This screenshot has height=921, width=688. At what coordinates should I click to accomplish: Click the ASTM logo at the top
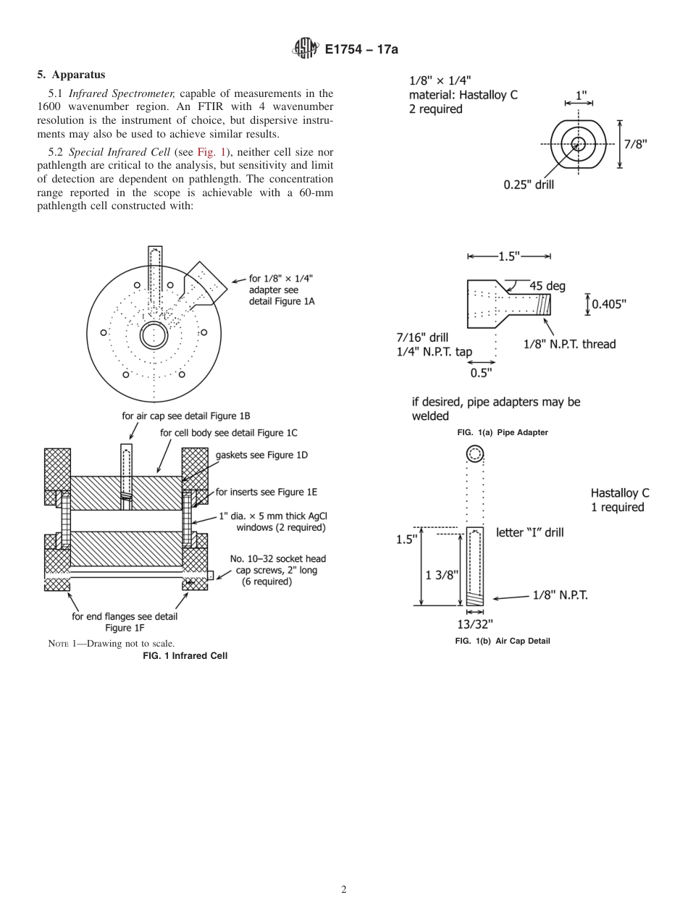(304, 49)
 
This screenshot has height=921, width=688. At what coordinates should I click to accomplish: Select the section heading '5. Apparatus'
(71, 75)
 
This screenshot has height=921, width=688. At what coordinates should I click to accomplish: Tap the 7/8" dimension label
(635, 143)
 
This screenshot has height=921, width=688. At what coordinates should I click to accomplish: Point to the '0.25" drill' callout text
(529, 185)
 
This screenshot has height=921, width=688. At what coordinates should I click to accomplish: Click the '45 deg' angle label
(547, 286)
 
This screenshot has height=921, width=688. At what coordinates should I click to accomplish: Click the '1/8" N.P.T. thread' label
(569, 344)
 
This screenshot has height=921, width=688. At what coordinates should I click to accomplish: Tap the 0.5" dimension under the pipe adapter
(481, 373)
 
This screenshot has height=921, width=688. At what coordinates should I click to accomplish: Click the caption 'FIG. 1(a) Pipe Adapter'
(502, 432)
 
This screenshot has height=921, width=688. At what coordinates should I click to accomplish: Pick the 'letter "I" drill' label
(529, 532)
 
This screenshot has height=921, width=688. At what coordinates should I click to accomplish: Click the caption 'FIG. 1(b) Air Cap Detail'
(502, 641)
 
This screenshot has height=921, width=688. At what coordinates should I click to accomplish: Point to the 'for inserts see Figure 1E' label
(266, 492)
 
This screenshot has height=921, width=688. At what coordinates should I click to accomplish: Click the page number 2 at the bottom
(344, 890)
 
